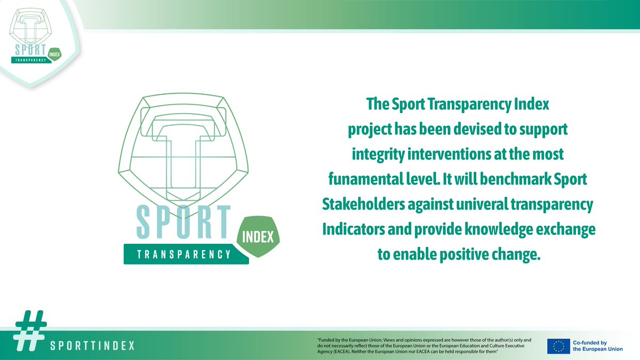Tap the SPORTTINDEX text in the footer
pyautogui.click(x=92, y=346)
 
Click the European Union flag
pyautogui.click(x=558, y=346)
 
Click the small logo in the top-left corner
pyautogui.click(x=34, y=37)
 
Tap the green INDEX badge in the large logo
pyautogui.click(x=259, y=236)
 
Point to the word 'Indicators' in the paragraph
pyautogui.click(x=360, y=230)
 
